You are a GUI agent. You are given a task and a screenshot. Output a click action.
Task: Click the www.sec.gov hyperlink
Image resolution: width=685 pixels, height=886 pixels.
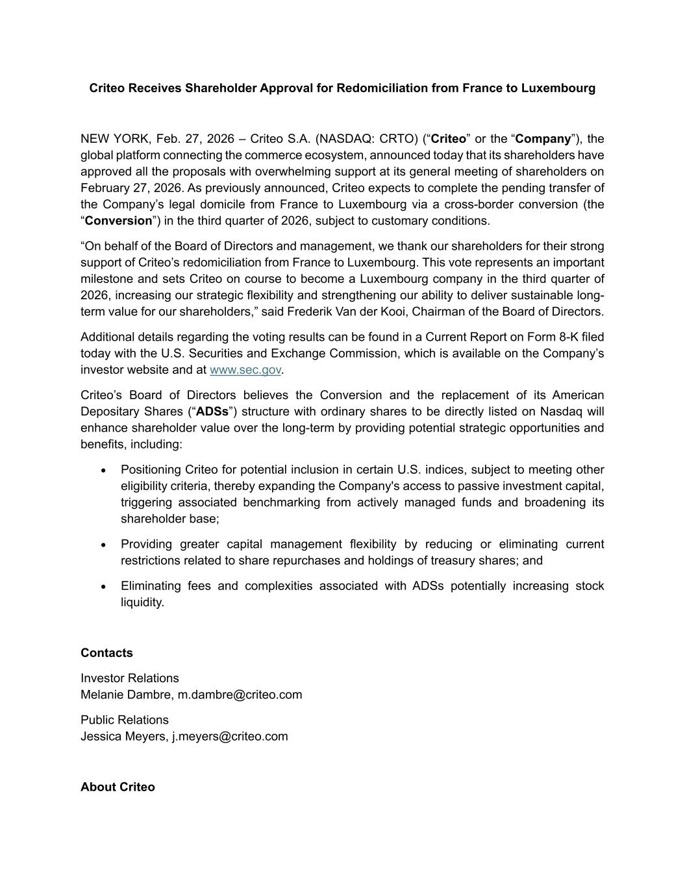click(245, 370)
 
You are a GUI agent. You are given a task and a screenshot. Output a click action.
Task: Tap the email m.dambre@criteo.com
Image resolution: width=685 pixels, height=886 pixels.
click(240, 695)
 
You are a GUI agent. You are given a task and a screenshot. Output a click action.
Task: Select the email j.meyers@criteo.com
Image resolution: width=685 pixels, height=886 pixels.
click(229, 736)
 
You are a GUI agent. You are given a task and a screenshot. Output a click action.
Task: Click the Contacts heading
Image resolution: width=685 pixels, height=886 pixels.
click(106, 653)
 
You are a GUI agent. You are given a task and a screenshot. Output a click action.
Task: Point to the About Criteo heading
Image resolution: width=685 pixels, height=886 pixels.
click(118, 787)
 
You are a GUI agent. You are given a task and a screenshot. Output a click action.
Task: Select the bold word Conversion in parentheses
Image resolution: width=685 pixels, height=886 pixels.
click(118, 221)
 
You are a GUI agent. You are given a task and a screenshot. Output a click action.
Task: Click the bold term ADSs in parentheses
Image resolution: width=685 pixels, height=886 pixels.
click(212, 412)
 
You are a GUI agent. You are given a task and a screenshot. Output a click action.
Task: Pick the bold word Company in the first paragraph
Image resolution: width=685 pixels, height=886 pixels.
click(543, 139)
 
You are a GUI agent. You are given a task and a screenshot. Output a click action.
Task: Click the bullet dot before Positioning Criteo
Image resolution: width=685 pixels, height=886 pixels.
click(103, 471)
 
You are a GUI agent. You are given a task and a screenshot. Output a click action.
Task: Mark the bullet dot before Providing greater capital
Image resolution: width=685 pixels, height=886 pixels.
click(103, 545)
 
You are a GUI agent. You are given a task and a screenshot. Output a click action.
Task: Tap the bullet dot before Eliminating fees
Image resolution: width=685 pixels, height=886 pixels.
click(103, 586)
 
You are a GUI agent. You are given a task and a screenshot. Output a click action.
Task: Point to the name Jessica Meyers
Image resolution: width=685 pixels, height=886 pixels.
click(123, 736)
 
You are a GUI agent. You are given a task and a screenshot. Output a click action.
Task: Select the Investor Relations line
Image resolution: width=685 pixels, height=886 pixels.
click(130, 678)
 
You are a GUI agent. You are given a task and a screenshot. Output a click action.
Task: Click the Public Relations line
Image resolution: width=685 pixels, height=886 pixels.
click(125, 720)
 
